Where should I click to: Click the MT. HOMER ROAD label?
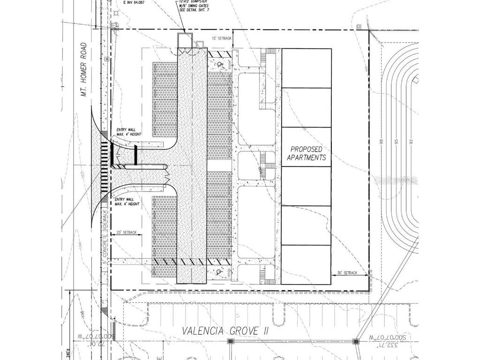(84, 69)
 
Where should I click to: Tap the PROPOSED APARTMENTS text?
(306, 153)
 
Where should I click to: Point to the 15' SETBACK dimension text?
(222, 38)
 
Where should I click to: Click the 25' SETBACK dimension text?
(127, 232)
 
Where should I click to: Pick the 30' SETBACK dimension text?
(347, 273)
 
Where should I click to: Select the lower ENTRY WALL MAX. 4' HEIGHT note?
(127, 202)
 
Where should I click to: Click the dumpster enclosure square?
(185, 39)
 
